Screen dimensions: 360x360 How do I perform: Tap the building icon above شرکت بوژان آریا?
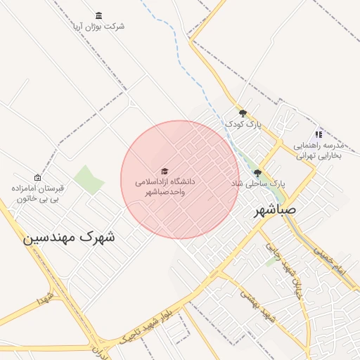(98, 15)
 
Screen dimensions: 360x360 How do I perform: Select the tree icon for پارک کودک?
(243, 113)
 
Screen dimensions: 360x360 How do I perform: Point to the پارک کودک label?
(243, 124)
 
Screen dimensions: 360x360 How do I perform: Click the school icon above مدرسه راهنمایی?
(318, 134)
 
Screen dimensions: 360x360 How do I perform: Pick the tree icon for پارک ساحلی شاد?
(257, 172)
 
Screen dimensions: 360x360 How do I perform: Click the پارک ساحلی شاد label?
(258, 183)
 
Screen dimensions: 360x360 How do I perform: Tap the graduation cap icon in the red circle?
(165, 171)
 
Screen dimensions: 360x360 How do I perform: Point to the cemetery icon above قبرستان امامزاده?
(37, 178)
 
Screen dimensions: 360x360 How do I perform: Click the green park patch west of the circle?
(89, 179)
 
